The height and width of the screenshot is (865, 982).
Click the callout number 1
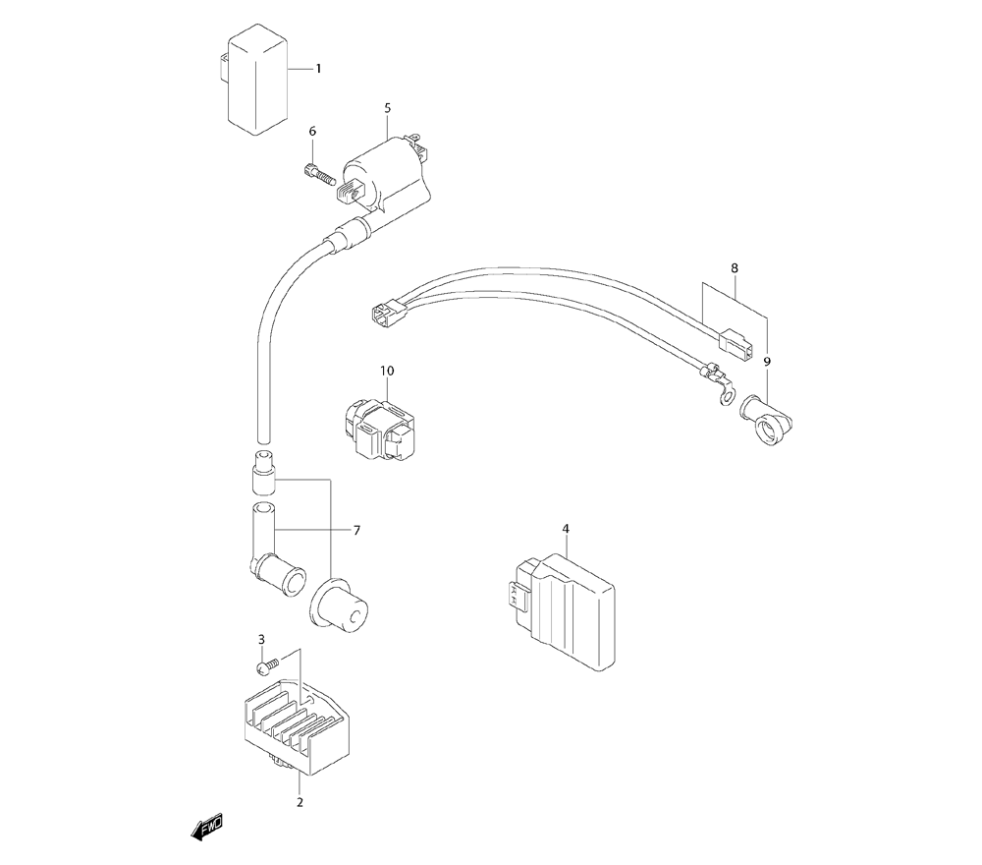[318, 69]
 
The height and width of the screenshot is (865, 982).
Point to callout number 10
[387, 371]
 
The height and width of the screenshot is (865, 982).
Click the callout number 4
[567, 530]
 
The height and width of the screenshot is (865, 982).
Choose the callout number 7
[356, 531]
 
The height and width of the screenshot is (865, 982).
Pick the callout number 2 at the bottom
[300, 802]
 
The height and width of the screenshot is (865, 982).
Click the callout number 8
[734, 267]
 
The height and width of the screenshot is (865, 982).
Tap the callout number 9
[767, 362]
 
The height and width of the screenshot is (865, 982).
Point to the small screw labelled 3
[264, 667]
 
